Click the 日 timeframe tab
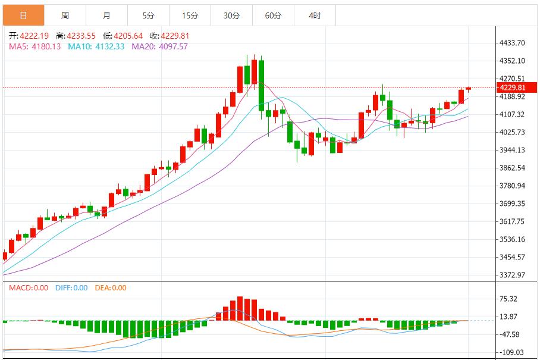[x=23, y=15]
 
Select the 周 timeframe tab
[x=65, y=15]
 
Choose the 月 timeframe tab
[x=106, y=15]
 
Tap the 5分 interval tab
[x=148, y=15]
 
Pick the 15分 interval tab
[x=190, y=15]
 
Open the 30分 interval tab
[x=231, y=15]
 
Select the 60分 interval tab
[x=273, y=15]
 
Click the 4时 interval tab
[x=315, y=15]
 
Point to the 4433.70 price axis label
[x=512, y=43]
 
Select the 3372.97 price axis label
[x=512, y=275]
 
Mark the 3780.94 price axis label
[x=512, y=186]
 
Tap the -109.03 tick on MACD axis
[x=510, y=352]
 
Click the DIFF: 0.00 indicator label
[x=71, y=288]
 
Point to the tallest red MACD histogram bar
[x=240, y=309]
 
